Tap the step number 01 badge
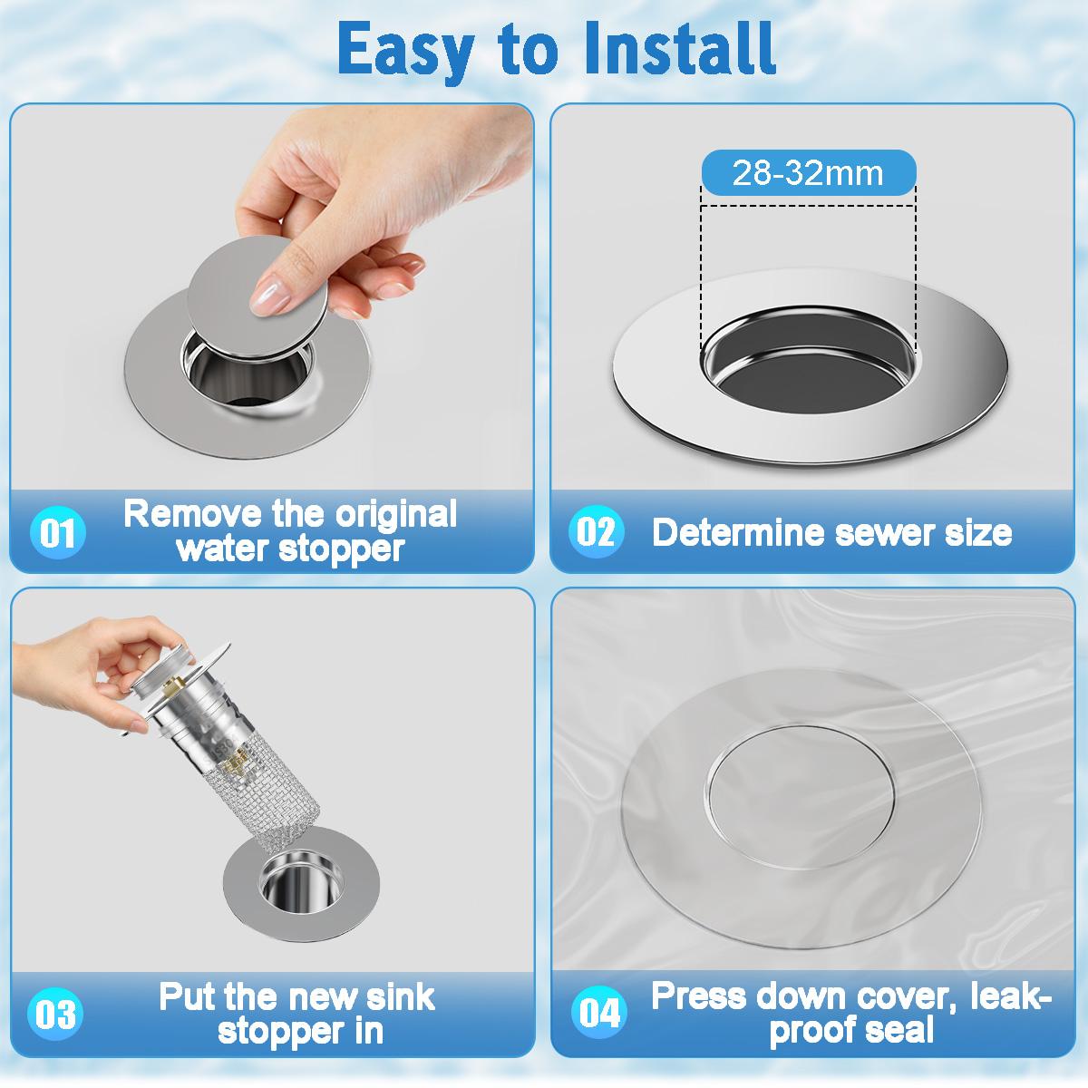click(59, 533)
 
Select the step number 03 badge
click(57, 1014)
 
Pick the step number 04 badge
click(599, 1012)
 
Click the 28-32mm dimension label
click(808, 172)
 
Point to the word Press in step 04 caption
click(698, 997)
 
